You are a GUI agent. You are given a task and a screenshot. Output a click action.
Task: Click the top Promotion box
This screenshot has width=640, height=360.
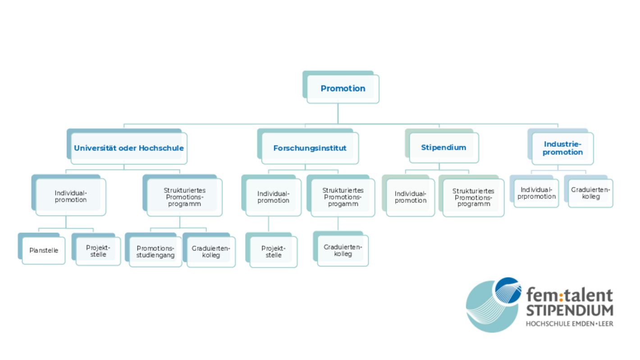click(343, 89)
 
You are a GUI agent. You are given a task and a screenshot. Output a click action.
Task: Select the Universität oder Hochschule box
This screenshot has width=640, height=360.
click(129, 148)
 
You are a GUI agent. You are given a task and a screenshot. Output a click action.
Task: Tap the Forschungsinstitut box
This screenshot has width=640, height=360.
click(310, 148)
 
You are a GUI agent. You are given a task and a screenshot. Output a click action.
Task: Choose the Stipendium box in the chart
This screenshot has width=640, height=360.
click(443, 148)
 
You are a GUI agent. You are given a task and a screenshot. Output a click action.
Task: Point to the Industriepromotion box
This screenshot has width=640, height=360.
click(562, 148)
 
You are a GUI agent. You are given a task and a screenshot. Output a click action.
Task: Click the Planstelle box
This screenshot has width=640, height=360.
click(44, 250)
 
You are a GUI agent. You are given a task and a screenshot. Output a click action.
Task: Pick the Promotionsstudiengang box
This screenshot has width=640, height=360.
click(155, 252)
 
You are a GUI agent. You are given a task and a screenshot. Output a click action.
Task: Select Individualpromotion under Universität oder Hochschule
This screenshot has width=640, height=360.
click(71, 197)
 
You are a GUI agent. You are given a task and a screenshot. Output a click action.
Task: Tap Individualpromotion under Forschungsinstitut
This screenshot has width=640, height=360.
click(273, 197)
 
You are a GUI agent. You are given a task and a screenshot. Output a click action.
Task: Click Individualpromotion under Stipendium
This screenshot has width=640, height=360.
click(411, 197)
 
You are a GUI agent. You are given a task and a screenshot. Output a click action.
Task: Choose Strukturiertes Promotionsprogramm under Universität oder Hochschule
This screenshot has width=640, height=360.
click(184, 197)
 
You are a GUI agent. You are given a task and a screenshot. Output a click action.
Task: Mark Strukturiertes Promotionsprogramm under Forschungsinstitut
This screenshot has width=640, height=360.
click(343, 197)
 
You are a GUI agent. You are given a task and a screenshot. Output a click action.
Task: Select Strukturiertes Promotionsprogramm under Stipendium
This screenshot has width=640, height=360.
click(473, 197)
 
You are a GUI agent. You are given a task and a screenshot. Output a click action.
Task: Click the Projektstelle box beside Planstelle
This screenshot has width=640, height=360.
click(98, 251)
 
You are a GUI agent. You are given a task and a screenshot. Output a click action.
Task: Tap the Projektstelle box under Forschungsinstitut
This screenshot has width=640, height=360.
click(273, 252)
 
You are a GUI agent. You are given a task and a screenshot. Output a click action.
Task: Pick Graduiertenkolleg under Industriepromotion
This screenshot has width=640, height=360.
click(590, 193)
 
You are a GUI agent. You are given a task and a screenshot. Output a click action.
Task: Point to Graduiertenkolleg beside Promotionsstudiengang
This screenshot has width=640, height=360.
click(211, 252)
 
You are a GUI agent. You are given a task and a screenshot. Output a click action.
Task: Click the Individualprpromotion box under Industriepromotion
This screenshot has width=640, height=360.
click(536, 193)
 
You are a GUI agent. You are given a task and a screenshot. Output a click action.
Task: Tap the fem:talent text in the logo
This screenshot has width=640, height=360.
click(570, 296)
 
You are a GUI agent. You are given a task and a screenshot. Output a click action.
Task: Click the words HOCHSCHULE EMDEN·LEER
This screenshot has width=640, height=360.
click(570, 324)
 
